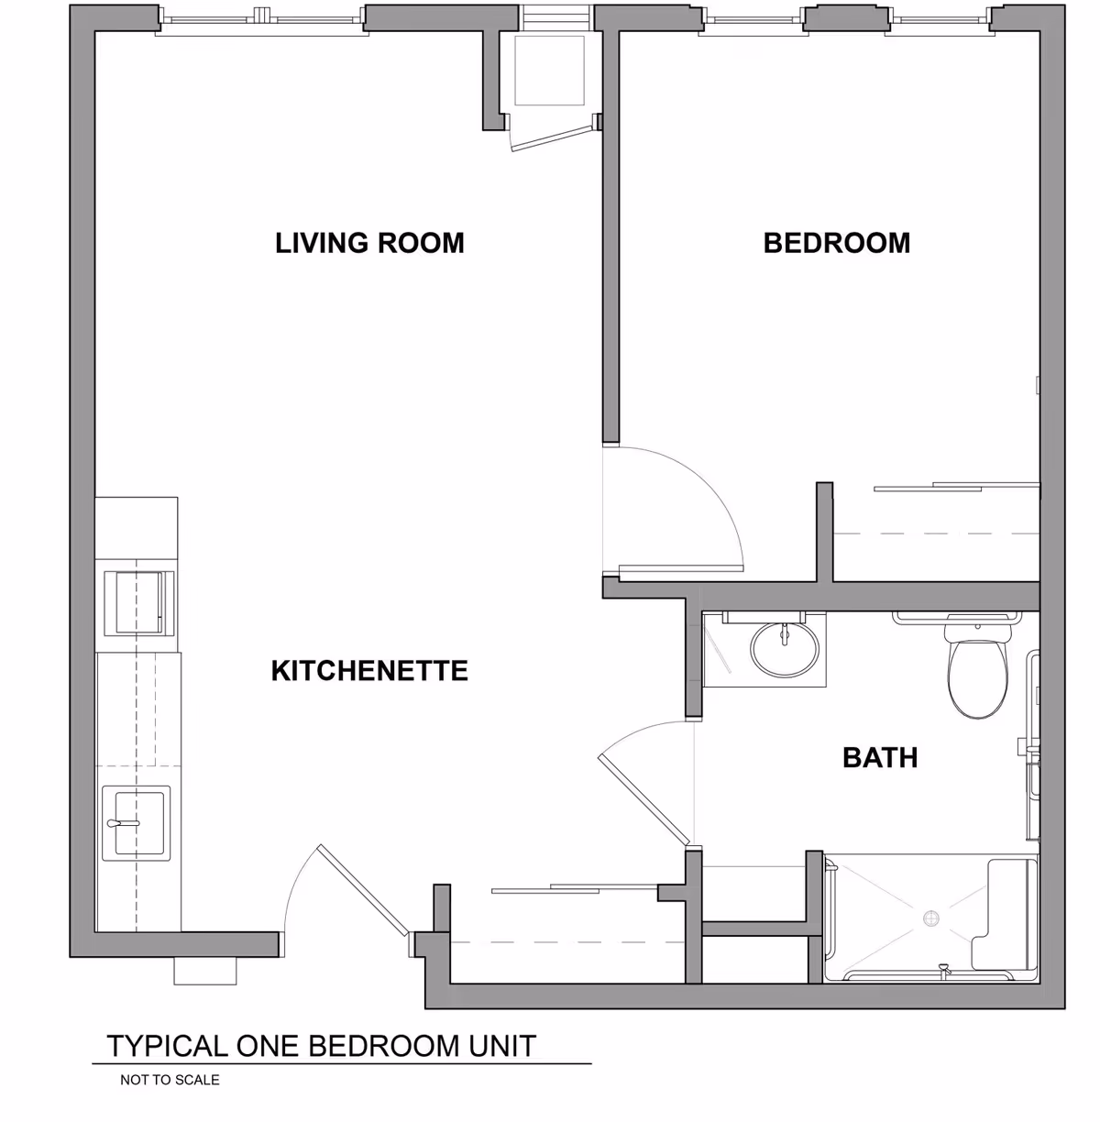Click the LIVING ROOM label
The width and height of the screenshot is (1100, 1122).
369,243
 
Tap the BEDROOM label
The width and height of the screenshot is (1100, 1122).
836,243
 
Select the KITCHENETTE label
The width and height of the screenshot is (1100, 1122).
369,671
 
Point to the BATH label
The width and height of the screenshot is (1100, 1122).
879,758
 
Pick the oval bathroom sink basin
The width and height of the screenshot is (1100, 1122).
785,649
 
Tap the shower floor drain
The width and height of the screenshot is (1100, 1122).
931,918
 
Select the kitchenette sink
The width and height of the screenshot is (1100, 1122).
136,822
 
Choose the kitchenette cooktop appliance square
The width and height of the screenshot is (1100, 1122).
138,602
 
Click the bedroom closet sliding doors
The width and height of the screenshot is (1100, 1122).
953,486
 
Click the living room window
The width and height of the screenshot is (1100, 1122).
262,18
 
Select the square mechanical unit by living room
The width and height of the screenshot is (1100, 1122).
549,71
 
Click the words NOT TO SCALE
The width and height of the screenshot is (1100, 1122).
170,1080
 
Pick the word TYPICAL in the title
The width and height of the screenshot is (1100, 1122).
168,1046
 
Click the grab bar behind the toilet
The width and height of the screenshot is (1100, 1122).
958,616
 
